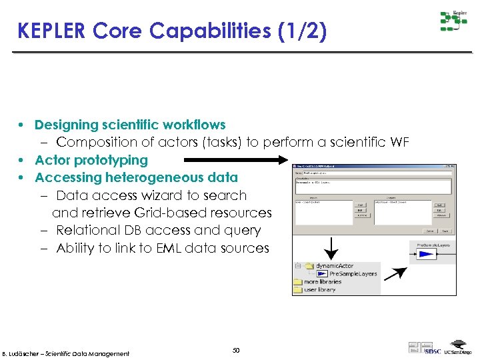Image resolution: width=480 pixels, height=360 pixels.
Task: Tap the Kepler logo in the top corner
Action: (x=453, y=21)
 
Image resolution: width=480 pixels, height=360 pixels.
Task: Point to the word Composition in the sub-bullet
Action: (x=93, y=142)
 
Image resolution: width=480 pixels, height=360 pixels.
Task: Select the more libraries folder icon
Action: (x=297, y=282)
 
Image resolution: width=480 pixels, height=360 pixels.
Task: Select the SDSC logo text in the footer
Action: (x=433, y=351)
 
